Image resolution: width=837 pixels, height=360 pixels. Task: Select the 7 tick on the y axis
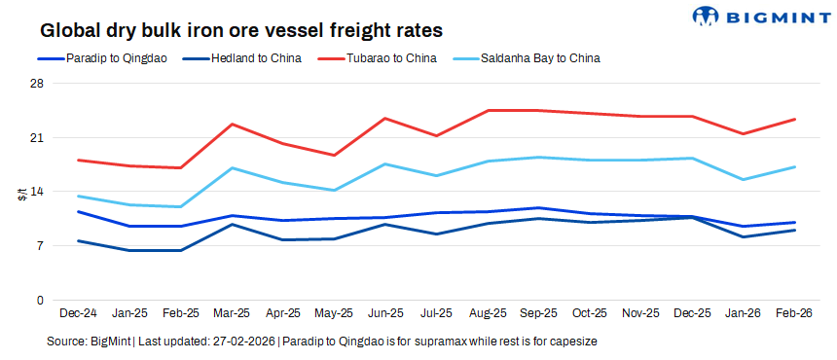click(41, 246)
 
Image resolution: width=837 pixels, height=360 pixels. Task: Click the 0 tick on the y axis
click(41, 300)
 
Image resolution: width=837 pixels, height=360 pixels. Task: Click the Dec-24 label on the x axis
click(78, 314)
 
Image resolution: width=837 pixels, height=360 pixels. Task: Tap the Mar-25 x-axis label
click(232, 314)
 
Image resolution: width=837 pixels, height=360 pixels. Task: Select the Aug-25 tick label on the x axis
click(488, 314)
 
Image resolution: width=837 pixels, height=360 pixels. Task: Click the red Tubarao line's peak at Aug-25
click(488, 110)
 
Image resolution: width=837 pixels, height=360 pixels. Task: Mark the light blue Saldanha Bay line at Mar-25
click(232, 168)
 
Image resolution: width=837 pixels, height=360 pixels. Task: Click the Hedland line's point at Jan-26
click(744, 236)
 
